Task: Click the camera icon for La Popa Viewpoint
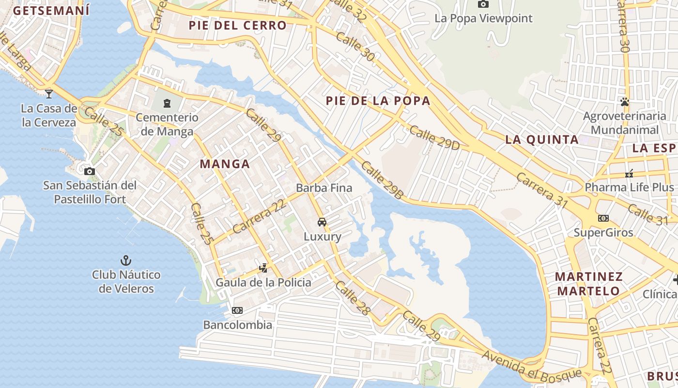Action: pyautogui.click(x=483, y=4)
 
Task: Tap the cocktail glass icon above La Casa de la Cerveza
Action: pyautogui.click(x=49, y=94)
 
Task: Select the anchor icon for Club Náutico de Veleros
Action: pyautogui.click(x=126, y=260)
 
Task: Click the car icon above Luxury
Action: pyautogui.click(x=322, y=222)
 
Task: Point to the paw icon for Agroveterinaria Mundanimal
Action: pyautogui.click(x=625, y=102)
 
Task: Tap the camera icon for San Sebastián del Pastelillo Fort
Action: pyautogui.click(x=89, y=171)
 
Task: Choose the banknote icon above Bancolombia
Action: pyautogui.click(x=237, y=310)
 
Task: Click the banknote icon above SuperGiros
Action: pyautogui.click(x=603, y=218)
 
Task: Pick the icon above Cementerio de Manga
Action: pyautogui.click(x=167, y=103)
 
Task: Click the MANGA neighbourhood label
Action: pyautogui.click(x=225, y=164)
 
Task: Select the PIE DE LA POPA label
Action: pyautogui.click(x=378, y=101)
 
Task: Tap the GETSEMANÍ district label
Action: pyautogui.click(x=51, y=11)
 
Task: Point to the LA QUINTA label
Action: pyautogui.click(x=542, y=140)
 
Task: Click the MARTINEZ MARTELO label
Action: pyautogui.click(x=588, y=284)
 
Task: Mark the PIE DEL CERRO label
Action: pyautogui.click(x=238, y=25)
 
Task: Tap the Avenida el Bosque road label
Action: pyautogui.click(x=531, y=367)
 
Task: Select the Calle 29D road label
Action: pyautogui.click(x=434, y=138)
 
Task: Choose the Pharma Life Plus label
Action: pyautogui.click(x=629, y=187)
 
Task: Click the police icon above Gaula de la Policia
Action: pyautogui.click(x=263, y=267)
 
